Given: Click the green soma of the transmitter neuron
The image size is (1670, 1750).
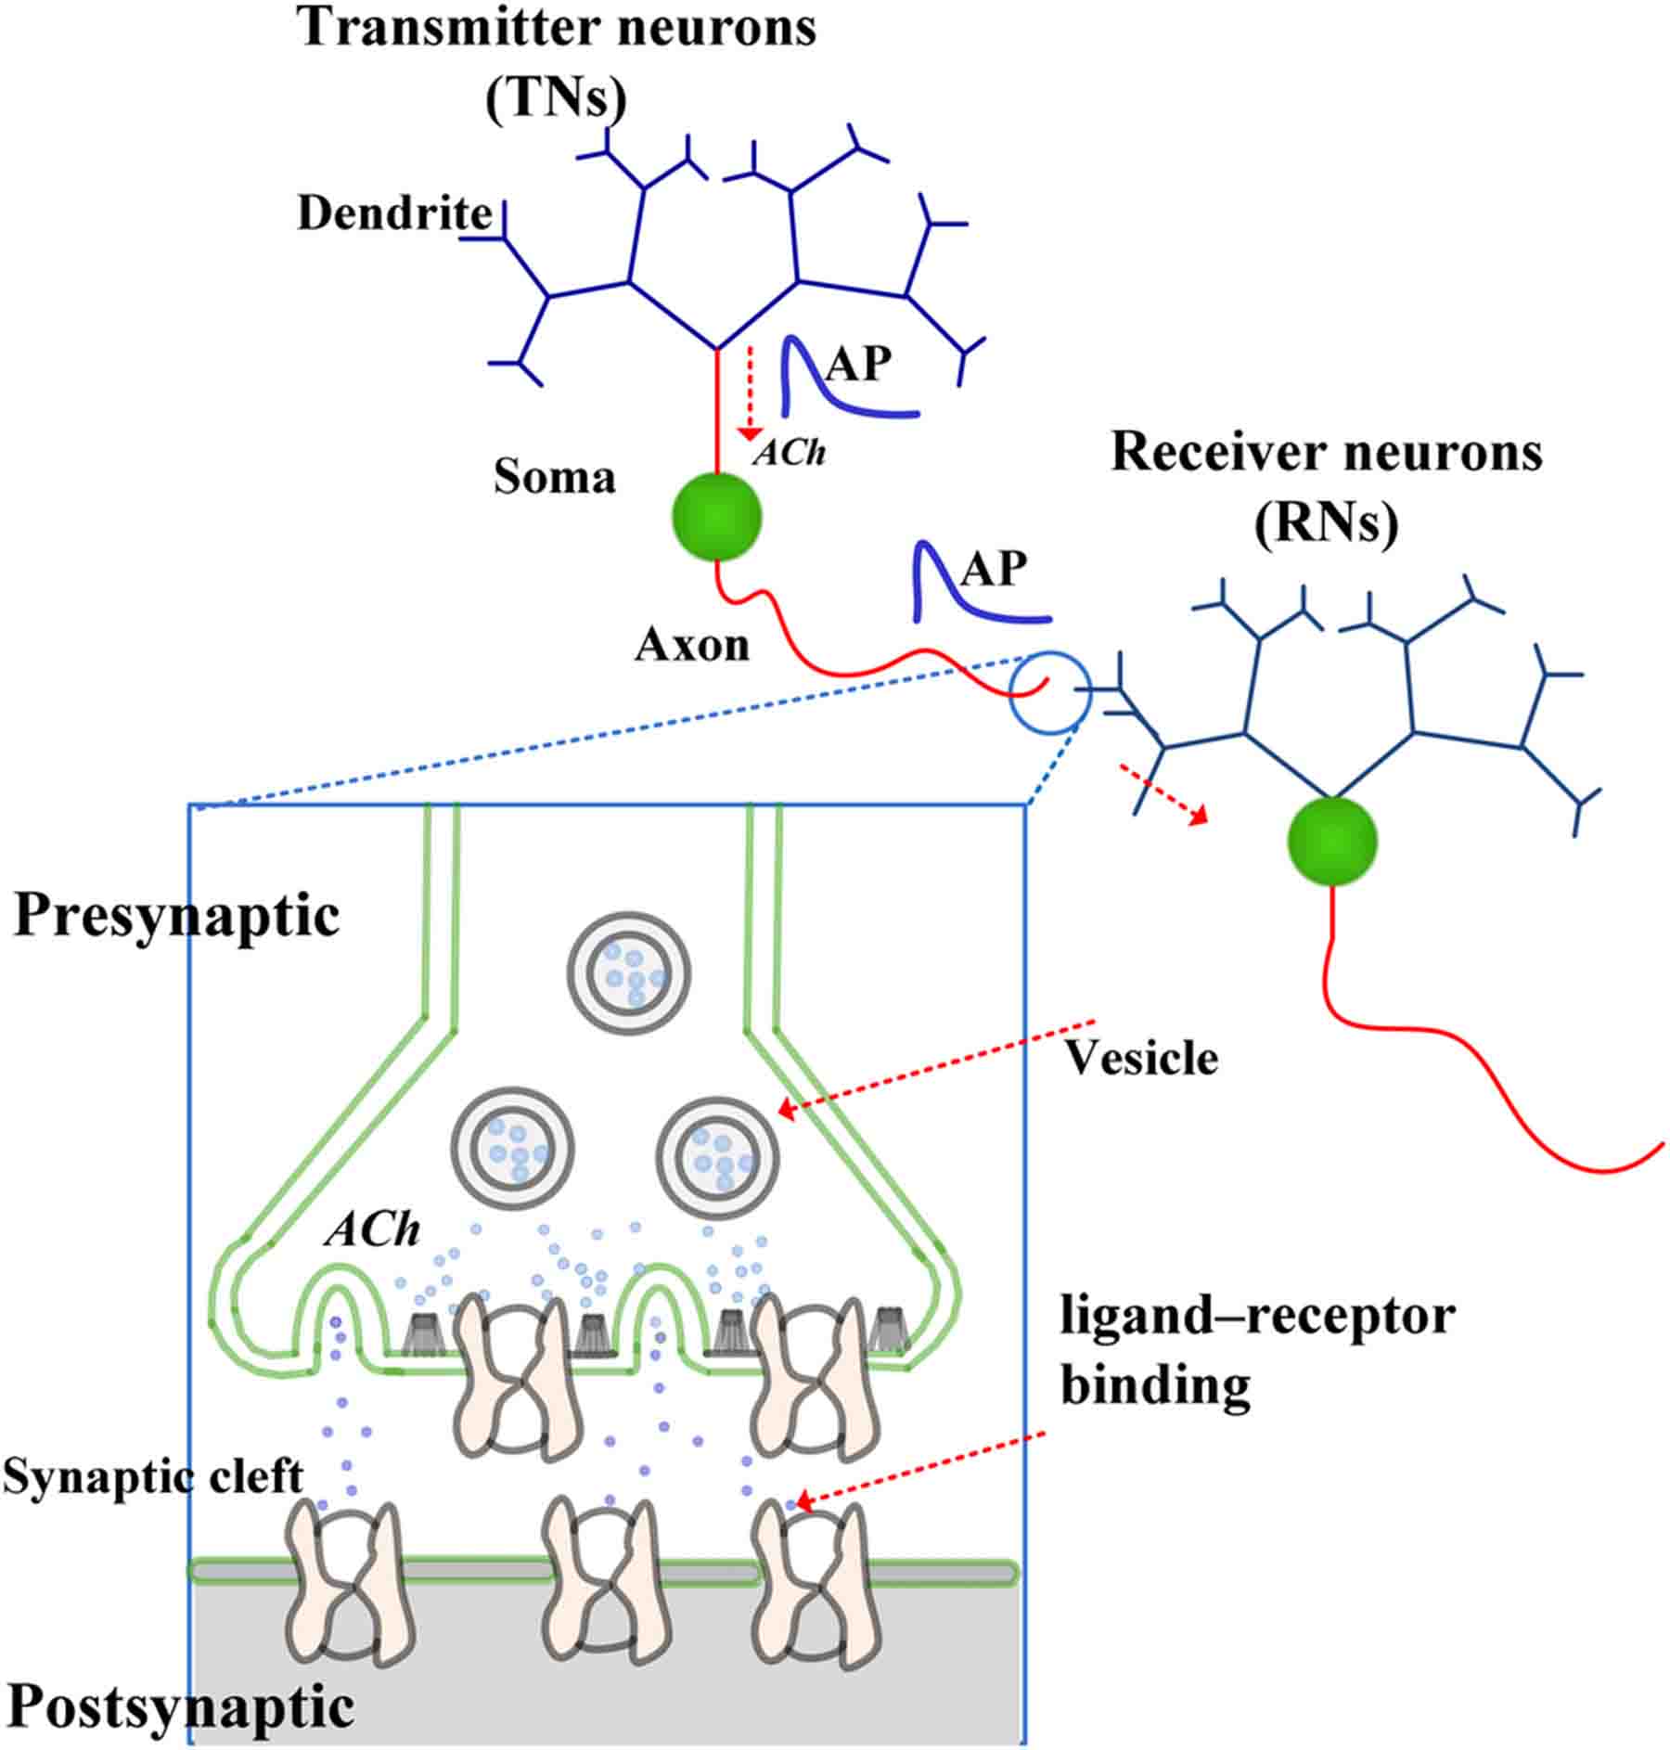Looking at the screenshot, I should [x=716, y=516].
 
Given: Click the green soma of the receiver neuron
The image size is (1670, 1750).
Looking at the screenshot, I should [x=1331, y=841].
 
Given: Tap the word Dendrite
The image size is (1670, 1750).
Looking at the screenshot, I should [x=394, y=213].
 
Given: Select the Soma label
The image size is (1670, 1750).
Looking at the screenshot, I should [x=554, y=477].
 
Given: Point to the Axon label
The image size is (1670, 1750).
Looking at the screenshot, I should [x=691, y=644].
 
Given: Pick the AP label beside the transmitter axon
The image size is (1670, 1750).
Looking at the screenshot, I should [x=993, y=568].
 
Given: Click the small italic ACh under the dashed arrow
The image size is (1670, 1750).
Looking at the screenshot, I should [x=790, y=453].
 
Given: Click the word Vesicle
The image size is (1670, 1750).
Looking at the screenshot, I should [x=1140, y=1058].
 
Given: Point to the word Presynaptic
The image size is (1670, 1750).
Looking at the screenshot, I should [x=176, y=917].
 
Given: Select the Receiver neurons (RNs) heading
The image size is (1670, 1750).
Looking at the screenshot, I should [x=1327, y=487].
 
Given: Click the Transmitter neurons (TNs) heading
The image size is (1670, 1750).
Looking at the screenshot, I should [x=557, y=60].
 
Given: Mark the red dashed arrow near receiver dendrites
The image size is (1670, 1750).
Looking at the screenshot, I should [x=1163, y=793].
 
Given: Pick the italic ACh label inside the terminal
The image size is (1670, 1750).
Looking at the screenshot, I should [x=372, y=1230].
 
